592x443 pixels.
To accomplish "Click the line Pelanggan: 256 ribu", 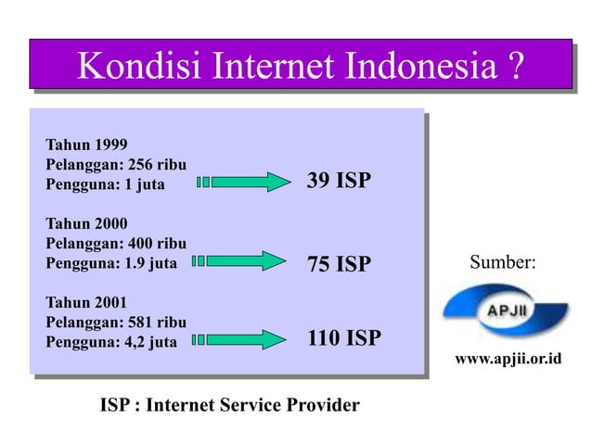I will point(116,164).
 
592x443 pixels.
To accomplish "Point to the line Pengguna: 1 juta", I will point(104,184).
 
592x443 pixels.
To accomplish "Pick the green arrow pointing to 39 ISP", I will point(244,182).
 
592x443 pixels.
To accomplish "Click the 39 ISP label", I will point(338,181).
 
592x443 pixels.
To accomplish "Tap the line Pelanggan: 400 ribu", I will point(116,243).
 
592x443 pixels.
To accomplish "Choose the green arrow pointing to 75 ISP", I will point(244,260).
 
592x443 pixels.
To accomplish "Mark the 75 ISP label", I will point(338,265).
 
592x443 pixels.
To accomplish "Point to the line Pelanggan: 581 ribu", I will point(116,322).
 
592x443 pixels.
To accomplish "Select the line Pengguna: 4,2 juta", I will point(109,341).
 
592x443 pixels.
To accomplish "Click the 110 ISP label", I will point(343,338).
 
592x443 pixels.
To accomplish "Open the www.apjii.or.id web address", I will point(508,358).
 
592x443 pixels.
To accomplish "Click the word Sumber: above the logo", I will point(502,262).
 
